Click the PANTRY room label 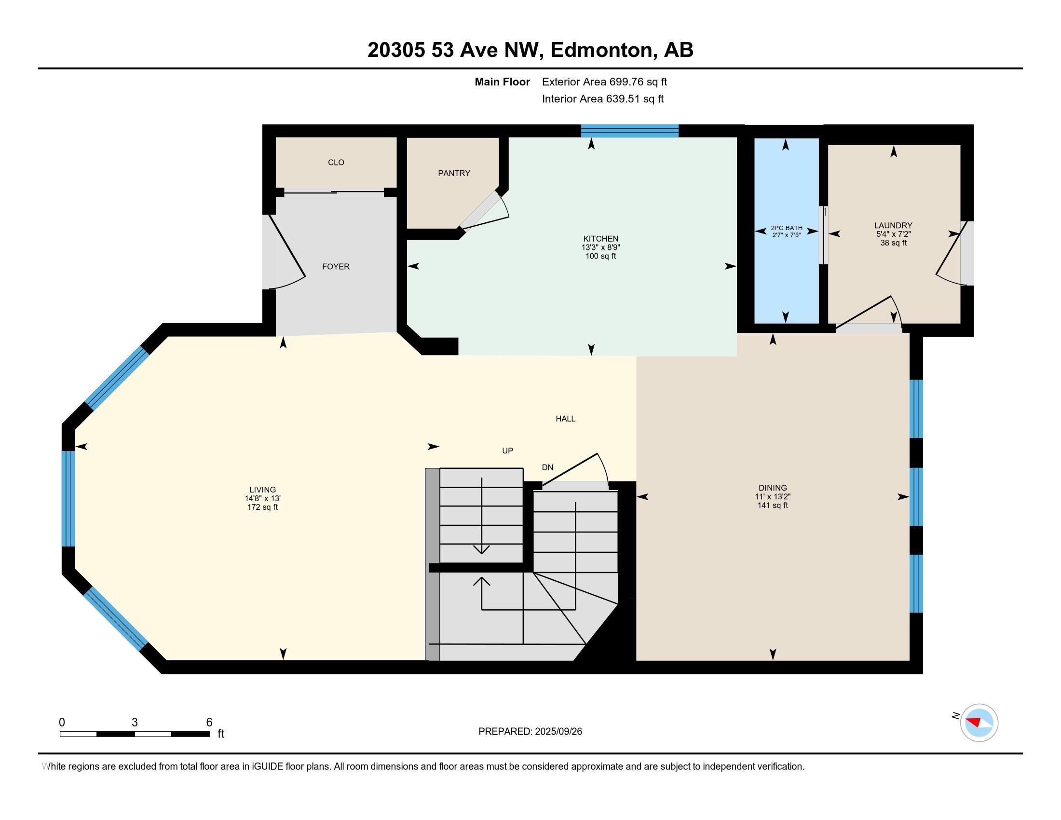tap(454, 173)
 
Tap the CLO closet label tap(336, 162)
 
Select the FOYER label tap(336, 266)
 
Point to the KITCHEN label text tap(600, 238)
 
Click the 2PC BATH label tap(786, 228)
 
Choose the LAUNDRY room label tap(893, 225)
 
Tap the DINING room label tap(773, 488)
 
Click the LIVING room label tap(262, 490)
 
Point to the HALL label tap(566, 418)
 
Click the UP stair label tap(507, 451)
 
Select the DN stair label tap(547, 467)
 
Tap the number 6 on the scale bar tap(209, 723)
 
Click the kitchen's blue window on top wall tap(629, 131)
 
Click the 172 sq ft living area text tap(262, 507)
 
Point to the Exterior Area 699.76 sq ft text tap(604, 82)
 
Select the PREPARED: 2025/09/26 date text tap(530, 732)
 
